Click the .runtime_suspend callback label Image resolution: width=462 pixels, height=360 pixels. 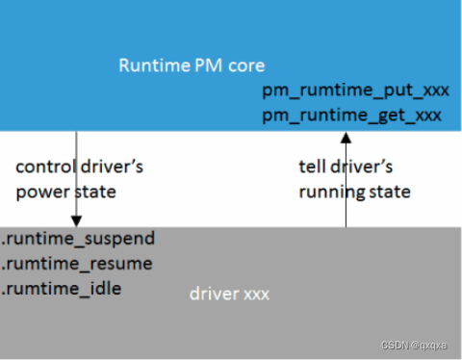[79, 238]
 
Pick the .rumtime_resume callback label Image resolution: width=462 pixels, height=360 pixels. [77, 263]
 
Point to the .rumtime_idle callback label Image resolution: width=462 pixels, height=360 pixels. [63, 287]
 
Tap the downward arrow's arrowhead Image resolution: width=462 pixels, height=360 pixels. [74, 220]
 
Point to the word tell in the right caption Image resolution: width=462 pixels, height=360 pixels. [311, 167]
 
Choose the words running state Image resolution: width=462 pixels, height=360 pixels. [354, 191]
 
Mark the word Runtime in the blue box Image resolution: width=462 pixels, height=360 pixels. [149, 65]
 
